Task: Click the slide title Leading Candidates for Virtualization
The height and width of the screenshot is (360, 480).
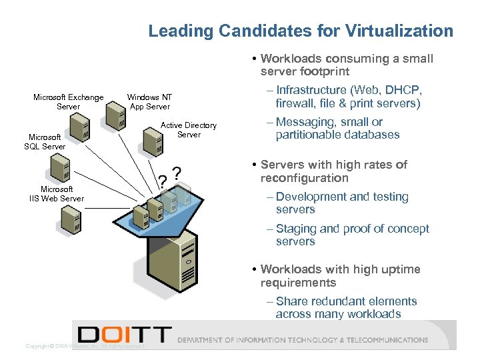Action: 300,31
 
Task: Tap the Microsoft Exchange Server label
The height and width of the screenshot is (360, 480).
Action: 68,102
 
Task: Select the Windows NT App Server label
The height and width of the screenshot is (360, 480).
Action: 149,102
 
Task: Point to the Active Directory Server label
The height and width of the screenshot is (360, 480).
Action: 189,129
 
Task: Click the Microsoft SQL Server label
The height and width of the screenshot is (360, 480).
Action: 45,142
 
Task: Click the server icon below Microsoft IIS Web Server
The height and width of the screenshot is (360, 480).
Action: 70,219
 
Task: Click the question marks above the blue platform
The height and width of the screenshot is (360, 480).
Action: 169,177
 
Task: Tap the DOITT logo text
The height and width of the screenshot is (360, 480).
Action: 124,335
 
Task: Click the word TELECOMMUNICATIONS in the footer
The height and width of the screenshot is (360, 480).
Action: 390,340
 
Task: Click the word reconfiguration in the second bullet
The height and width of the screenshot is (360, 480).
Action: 304,178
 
